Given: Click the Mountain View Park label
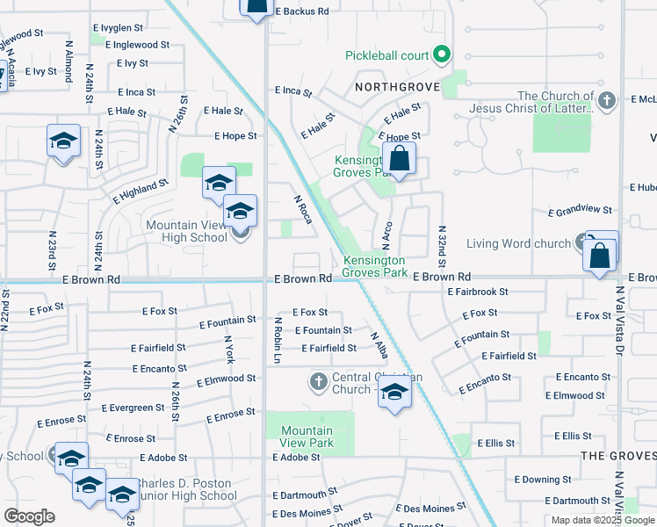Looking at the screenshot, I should [x=307, y=437].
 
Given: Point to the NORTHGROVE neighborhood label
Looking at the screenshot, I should [x=393, y=87].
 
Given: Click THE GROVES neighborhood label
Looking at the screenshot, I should [x=617, y=455].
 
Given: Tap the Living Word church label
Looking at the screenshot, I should [x=518, y=243].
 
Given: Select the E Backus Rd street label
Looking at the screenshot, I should [x=301, y=11].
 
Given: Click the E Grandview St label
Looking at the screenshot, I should [x=580, y=211].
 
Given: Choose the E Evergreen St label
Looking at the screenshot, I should [x=133, y=408].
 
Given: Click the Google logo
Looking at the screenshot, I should [x=30, y=516].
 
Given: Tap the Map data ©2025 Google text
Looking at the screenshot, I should [x=603, y=520].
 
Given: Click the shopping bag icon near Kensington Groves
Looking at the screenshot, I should [x=399, y=161].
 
